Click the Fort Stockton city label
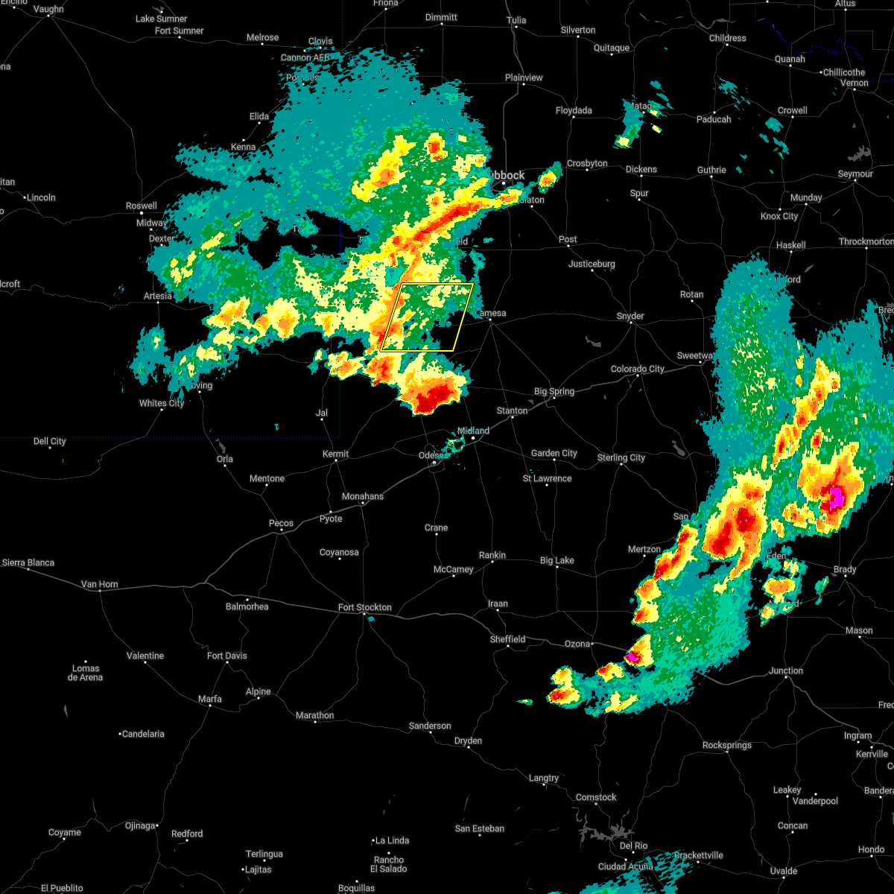(x=364, y=607)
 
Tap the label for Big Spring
(x=554, y=392)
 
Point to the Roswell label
(x=142, y=206)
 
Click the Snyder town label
(x=630, y=316)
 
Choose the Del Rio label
(x=633, y=846)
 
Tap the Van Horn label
(x=99, y=584)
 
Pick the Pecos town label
(x=281, y=523)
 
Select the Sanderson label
(x=430, y=726)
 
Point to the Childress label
(x=727, y=38)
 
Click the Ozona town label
(x=577, y=644)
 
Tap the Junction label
(x=786, y=670)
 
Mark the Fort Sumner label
(x=179, y=31)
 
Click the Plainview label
(x=524, y=77)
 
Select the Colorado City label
(x=637, y=369)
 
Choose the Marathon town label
(x=314, y=715)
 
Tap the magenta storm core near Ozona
(x=633, y=656)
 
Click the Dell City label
(x=50, y=441)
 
